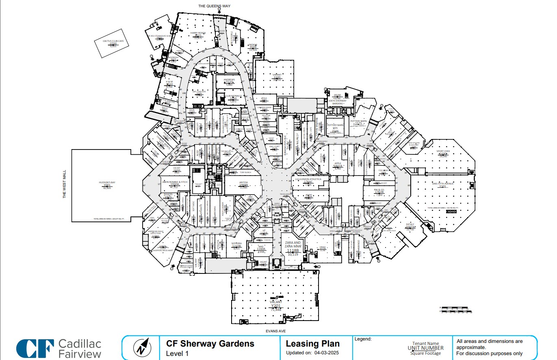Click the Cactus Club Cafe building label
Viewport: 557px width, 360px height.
pos(108,41)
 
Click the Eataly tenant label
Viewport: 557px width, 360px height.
pos(410,224)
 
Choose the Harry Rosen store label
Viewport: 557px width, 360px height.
pos(198,33)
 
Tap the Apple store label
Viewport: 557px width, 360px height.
pos(338,163)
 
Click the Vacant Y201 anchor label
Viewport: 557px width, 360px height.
pos(276,302)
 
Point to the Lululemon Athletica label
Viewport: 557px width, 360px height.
pos(308,179)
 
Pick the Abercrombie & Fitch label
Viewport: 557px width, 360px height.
pos(175,182)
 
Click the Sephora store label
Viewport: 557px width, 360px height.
pos(236,243)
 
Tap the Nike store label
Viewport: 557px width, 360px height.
pos(261,246)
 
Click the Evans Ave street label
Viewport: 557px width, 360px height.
pos(276,331)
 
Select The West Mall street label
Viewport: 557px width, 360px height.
pos(64,189)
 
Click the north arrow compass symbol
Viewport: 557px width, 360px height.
pos(142,347)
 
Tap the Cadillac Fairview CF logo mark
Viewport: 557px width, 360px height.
pos(35,349)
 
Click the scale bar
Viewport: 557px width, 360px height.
pos(456,310)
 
